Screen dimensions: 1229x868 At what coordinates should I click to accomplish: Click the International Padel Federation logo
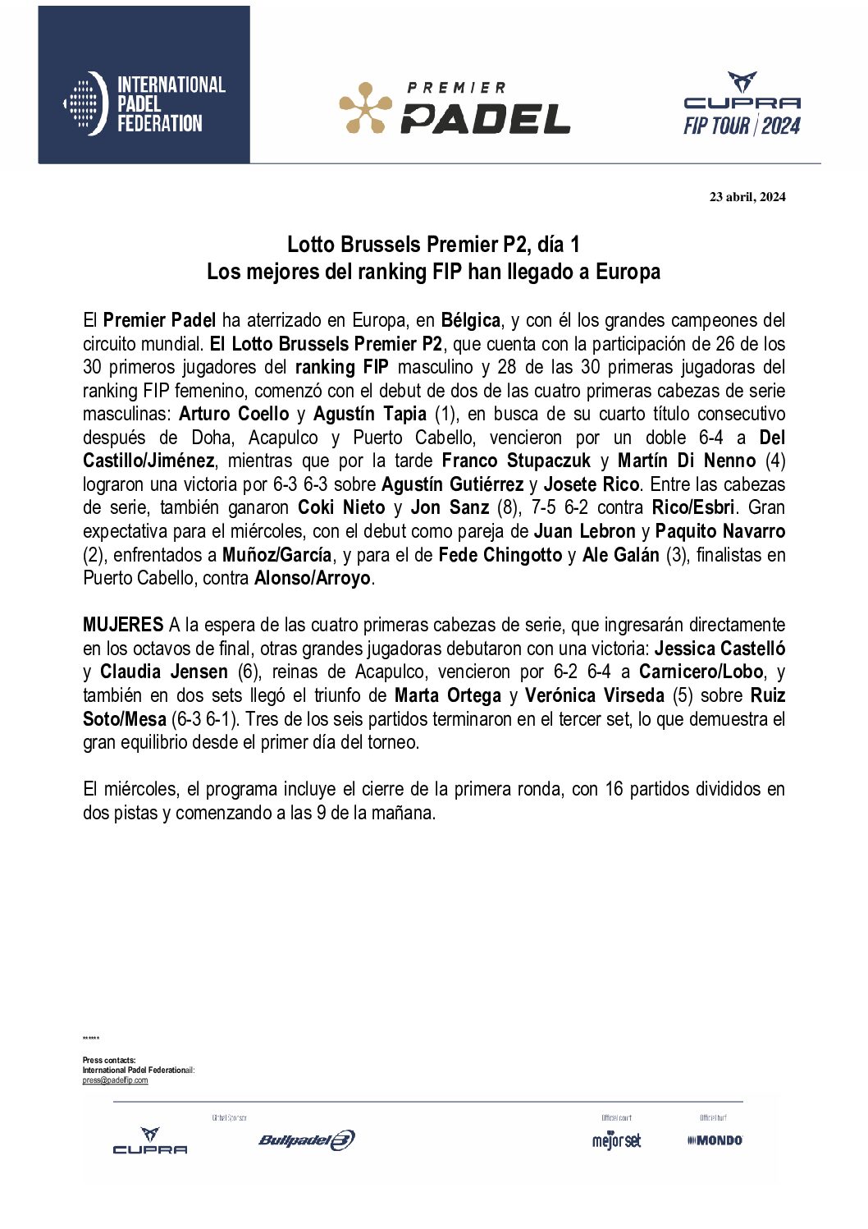[144, 103]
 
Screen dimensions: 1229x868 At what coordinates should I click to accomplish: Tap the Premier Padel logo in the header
[455, 108]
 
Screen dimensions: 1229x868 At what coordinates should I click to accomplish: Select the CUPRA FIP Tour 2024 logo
[742, 104]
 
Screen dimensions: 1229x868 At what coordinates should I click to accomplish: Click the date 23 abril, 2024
[747, 196]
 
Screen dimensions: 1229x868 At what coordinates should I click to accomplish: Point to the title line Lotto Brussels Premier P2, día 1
[433, 245]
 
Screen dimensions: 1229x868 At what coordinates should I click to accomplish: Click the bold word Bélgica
[470, 320]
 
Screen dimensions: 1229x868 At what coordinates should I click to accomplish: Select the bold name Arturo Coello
[234, 414]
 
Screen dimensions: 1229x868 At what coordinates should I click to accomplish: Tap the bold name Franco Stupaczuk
[516, 461]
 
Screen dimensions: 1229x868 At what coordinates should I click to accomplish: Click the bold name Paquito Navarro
[720, 531]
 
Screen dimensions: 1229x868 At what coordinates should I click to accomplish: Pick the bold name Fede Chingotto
[500, 555]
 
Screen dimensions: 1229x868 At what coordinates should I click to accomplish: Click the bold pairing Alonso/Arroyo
[312, 578]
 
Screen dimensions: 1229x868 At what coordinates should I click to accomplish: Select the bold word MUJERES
[123, 625]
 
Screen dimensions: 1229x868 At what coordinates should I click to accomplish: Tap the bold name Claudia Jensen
[163, 672]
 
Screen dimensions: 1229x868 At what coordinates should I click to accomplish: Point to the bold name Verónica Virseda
[594, 695]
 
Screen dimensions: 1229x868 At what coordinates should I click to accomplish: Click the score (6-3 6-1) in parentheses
[205, 719]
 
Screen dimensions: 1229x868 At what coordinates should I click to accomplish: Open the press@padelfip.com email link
[115, 1080]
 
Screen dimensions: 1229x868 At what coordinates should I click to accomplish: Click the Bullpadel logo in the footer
[306, 1140]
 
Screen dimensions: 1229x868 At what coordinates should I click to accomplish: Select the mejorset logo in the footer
[616, 1140]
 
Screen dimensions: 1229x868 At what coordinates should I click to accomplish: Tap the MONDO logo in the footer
[715, 1140]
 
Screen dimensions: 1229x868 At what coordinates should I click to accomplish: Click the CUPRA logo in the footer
[150, 1140]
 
